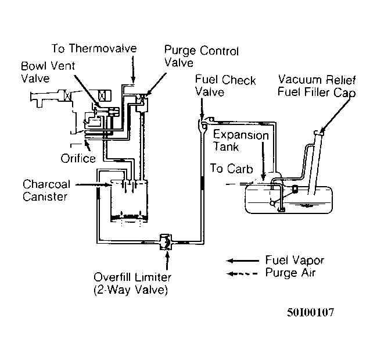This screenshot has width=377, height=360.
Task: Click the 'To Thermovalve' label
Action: point(94,48)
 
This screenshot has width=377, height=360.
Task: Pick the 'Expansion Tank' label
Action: point(240,140)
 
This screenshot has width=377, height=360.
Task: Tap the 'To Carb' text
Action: point(232,170)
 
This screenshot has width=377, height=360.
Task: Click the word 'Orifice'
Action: point(78,158)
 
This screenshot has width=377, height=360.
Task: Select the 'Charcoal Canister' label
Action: point(46,190)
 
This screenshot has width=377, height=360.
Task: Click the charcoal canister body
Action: point(128,201)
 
